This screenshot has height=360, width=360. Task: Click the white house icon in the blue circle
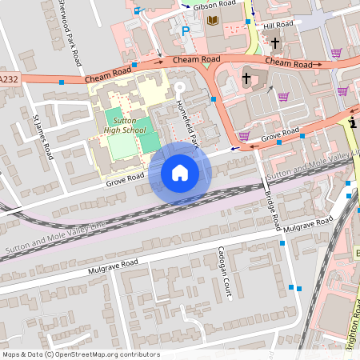coord(180,172)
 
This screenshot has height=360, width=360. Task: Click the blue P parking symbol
coord(186,32)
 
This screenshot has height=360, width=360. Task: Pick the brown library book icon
coord(213,20)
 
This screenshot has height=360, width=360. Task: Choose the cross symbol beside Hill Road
coord(275,42)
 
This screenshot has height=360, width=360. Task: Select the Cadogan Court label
coord(227,278)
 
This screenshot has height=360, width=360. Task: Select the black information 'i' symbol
coord(353,122)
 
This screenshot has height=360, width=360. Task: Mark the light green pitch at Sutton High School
coord(122,146)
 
